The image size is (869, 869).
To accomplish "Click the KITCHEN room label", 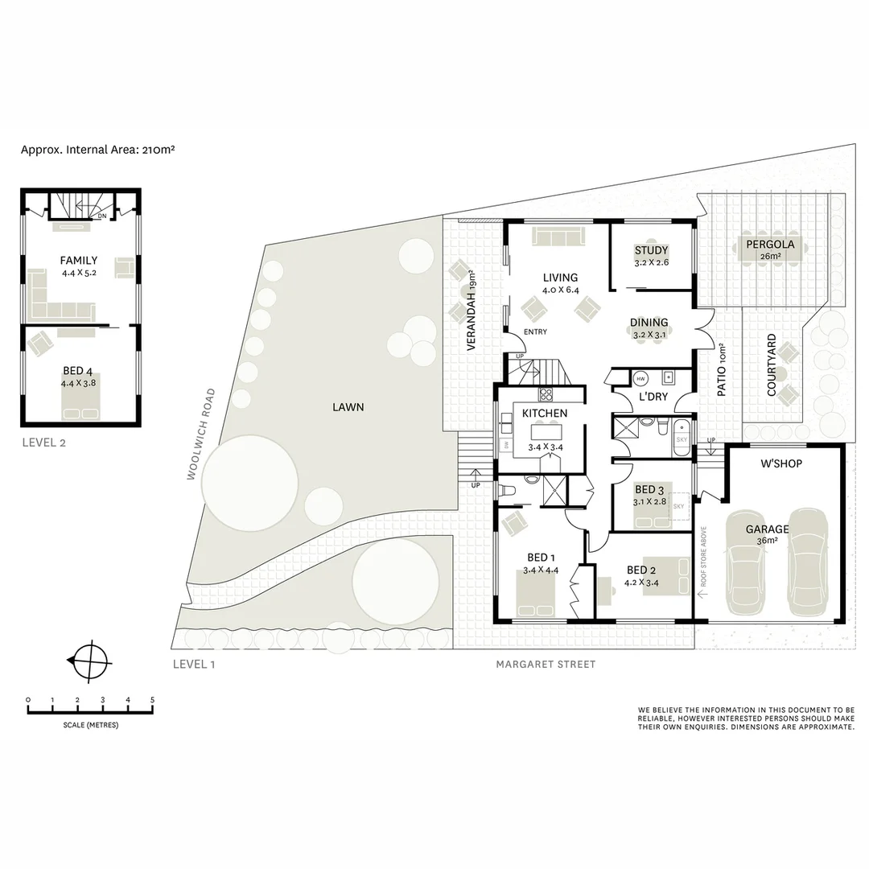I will tap(545, 414).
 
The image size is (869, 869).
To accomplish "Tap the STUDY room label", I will tap(651, 250).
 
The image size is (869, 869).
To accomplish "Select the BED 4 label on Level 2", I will tap(80, 372).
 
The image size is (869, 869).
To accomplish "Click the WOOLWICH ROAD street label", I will tap(200, 434).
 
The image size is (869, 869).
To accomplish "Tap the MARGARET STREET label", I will tap(546, 665).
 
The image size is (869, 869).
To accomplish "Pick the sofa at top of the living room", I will tap(558, 237).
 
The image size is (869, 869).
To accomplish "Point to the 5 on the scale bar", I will tap(152, 699).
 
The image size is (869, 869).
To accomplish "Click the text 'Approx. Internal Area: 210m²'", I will tap(98, 150).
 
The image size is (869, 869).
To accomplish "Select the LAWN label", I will tap(348, 407).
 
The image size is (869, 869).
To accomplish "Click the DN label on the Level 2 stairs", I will tap(102, 216).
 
